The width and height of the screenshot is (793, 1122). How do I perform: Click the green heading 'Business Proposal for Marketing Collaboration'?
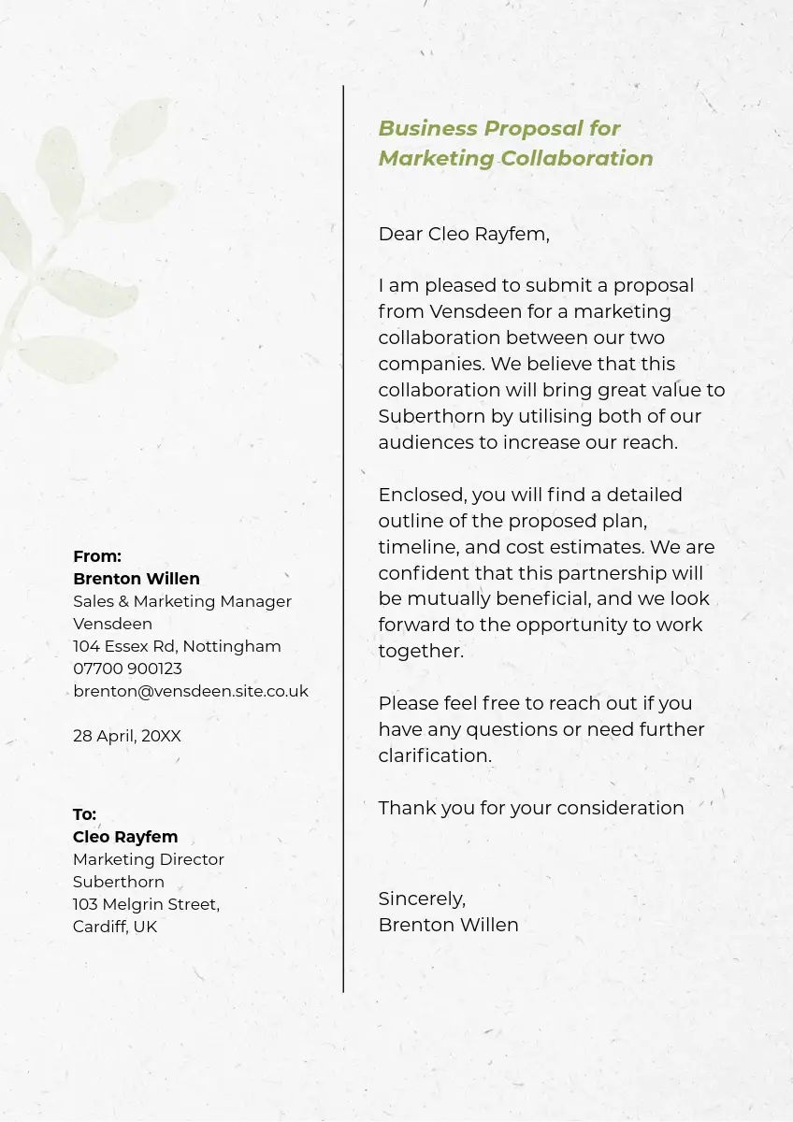pos(515,143)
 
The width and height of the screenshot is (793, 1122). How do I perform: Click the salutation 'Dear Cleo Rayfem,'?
pos(463,234)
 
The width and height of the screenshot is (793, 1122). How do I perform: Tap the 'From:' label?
pos(97,556)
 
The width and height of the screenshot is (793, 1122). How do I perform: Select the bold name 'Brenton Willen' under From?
pos(137,579)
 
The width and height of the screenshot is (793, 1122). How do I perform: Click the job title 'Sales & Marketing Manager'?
pos(182,601)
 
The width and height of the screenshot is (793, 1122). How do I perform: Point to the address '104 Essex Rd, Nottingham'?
pos(177,646)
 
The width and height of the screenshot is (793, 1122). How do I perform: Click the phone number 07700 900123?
pos(127,669)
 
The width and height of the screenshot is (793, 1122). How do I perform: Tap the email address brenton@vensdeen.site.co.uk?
pos(191,691)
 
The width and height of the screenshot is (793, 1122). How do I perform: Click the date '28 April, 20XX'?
pos(127,736)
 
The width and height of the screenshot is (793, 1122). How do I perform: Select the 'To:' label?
pos(84,814)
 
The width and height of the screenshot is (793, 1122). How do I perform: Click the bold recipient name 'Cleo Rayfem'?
pos(125,837)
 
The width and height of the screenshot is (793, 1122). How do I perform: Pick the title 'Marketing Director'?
pos(149,859)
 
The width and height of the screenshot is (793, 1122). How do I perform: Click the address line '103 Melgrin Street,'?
pos(146,904)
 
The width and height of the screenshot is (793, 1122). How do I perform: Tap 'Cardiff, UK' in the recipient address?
pos(115,927)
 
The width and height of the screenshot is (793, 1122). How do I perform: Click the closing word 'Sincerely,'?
pos(422,899)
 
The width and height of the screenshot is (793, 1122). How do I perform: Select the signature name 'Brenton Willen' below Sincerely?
pos(448,925)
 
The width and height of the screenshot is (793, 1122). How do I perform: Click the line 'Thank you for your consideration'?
pos(530,808)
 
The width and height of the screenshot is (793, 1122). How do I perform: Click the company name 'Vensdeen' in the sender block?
pos(112,624)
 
